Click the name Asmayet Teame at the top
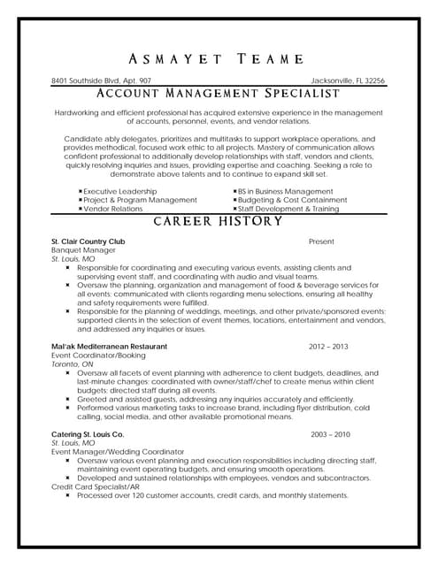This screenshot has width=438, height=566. point(219,59)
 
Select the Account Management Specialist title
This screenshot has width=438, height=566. point(219,93)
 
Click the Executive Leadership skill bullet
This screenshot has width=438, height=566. point(119,191)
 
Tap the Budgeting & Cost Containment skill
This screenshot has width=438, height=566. point(290,200)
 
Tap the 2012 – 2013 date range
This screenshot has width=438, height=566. point(328,347)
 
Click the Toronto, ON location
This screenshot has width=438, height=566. point(73,364)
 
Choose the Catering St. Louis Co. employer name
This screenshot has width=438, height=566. point(88,435)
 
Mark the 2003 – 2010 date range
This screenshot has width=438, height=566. point(331,435)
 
